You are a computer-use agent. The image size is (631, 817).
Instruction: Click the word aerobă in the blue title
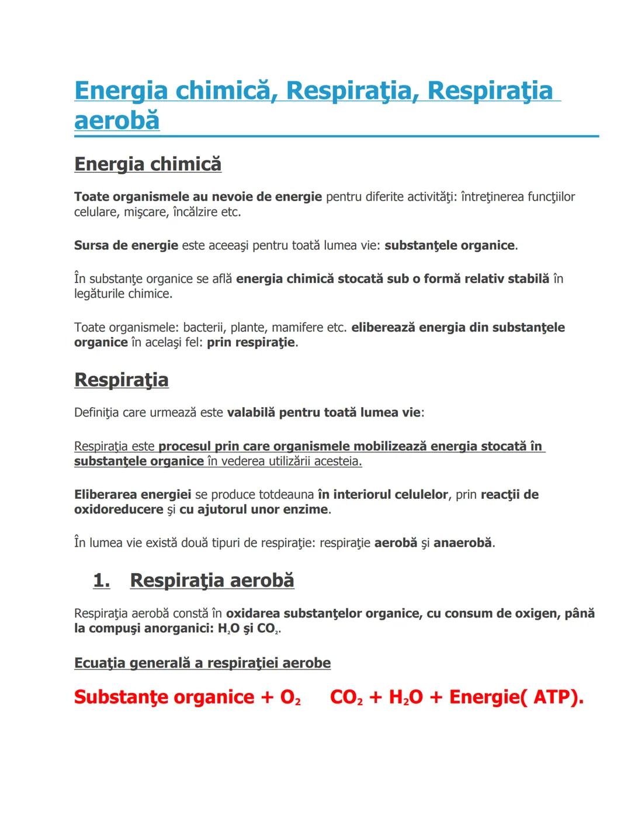[x=117, y=120]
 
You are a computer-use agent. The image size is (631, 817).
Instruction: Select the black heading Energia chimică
[x=148, y=164]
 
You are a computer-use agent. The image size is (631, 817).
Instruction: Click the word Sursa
[x=92, y=245]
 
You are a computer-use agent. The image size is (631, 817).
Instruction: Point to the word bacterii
[x=204, y=327]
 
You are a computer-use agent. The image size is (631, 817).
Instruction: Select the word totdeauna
[x=286, y=494]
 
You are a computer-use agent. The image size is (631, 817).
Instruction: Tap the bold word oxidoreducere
[x=119, y=509]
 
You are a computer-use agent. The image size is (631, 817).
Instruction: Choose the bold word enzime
[x=304, y=509]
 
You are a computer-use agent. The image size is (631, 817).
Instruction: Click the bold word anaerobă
[x=462, y=543]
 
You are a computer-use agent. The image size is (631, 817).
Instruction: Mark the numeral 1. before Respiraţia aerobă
[x=102, y=580]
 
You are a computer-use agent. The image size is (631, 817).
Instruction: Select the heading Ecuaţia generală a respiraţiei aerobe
[x=202, y=663]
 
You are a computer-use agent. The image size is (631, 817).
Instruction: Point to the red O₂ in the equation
[x=290, y=697]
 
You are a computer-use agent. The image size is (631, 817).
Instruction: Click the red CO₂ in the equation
[x=346, y=697]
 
